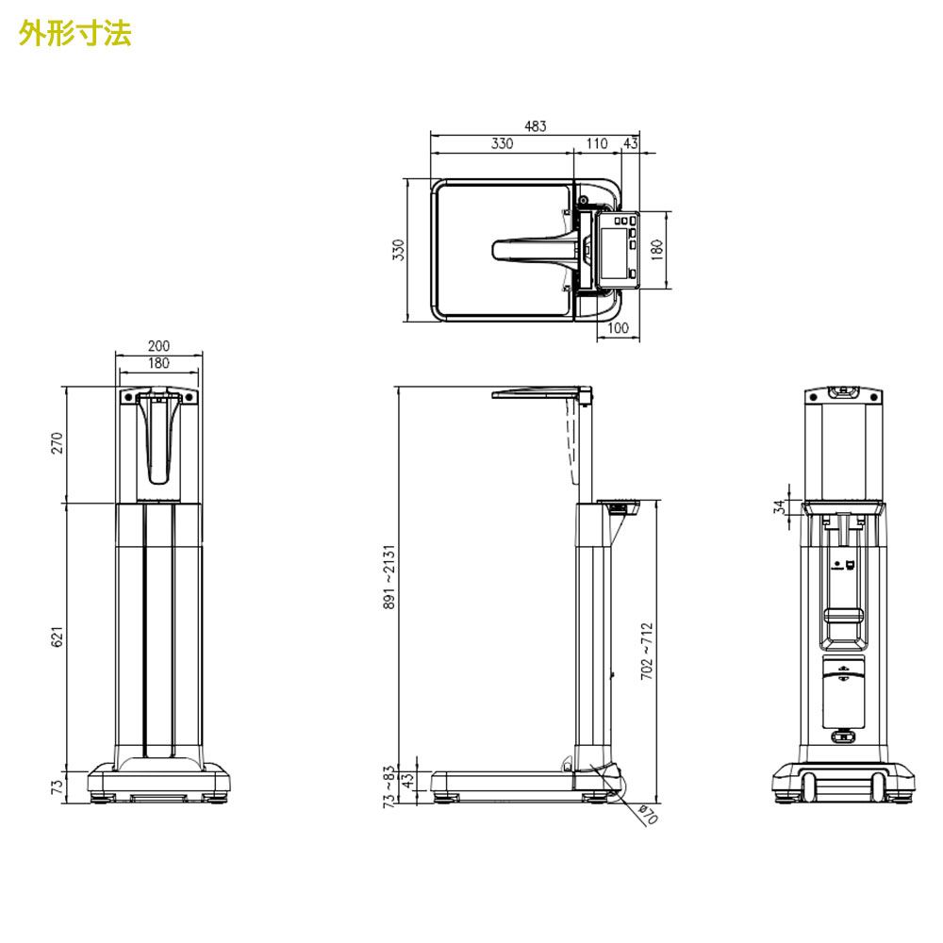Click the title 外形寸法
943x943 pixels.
pos(75,33)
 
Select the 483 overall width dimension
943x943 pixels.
pos(535,125)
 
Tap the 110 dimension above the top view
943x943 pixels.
pos(596,143)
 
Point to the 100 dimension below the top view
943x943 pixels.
pos(618,328)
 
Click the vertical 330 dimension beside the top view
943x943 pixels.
pos(398,250)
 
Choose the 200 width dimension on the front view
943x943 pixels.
pos(158,346)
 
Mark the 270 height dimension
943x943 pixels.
pos(58,443)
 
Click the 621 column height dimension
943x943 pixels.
pos(58,637)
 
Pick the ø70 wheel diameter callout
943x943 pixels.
pos(648,815)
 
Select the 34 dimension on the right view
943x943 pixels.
pos(778,506)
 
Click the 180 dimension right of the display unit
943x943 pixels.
pos(657,250)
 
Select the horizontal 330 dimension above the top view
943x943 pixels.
pos(502,143)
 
